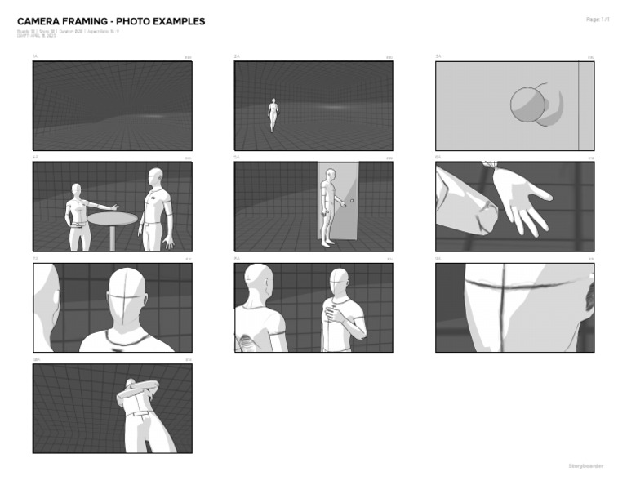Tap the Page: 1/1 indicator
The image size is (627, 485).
(x=598, y=19)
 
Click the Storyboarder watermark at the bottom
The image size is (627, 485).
(x=585, y=465)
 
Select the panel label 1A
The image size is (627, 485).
(x=35, y=56)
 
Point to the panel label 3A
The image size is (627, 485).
(x=438, y=56)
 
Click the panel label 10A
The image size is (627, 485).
(x=36, y=359)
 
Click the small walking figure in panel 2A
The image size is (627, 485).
(x=273, y=114)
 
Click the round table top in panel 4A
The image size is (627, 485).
(x=112, y=218)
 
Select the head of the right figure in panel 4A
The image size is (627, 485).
(x=154, y=177)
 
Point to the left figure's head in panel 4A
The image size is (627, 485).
(x=78, y=189)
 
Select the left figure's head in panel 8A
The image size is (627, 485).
(x=258, y=278)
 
